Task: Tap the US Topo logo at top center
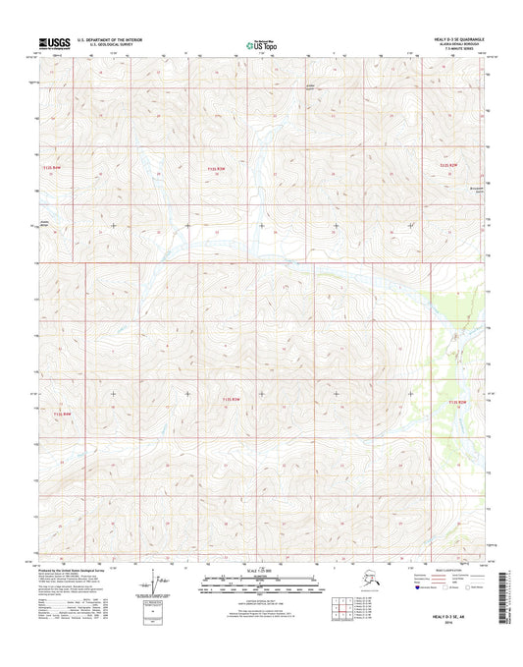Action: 261,43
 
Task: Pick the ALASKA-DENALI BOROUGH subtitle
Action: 464,44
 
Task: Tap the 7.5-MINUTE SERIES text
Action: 469,49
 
